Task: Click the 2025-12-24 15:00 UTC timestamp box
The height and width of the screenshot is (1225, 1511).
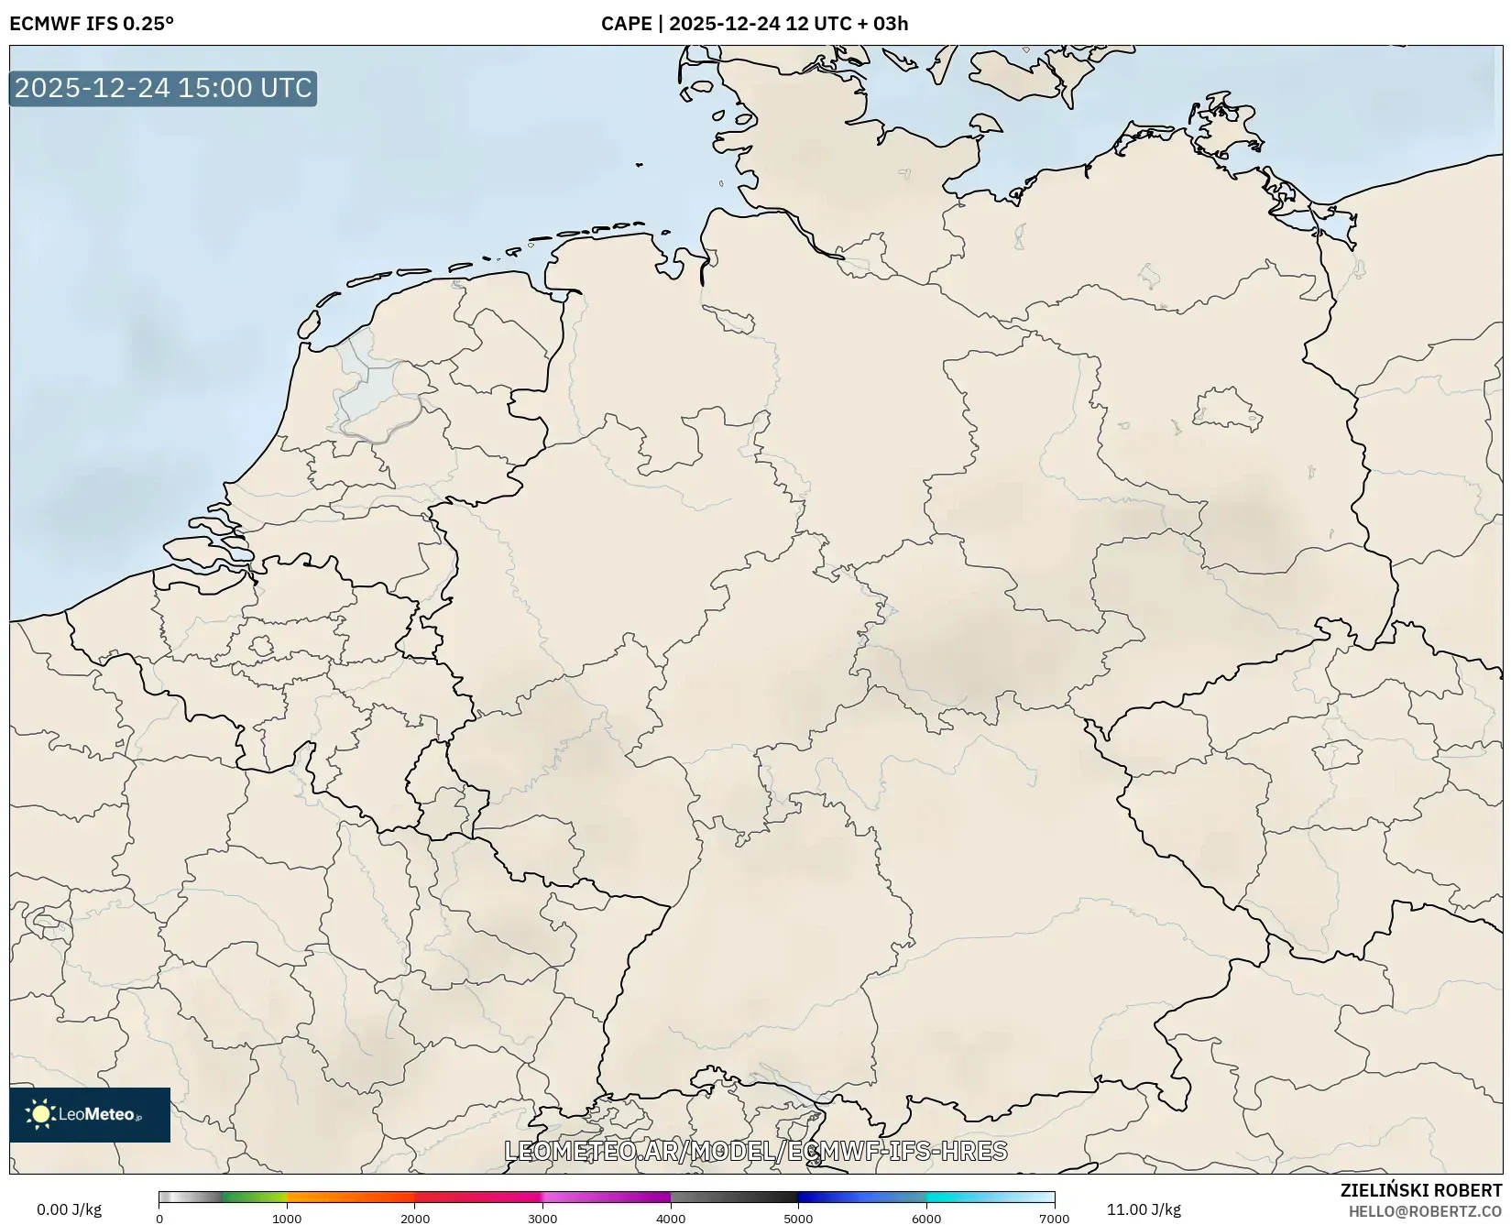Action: click(x=163, y=88)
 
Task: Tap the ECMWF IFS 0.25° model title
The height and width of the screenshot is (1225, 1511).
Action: click(x=92, y=24)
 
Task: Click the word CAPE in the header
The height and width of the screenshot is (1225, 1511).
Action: click(x=626, y=24)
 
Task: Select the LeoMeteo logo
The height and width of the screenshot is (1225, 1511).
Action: click(x=90, y=1114)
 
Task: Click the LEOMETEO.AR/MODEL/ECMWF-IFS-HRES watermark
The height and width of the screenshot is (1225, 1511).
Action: click(x=756, y=1151)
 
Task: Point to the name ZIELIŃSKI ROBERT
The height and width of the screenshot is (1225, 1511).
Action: click(x=1421, y=1190)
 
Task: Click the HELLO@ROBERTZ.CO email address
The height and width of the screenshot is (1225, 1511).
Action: click(x=1425, y=1210)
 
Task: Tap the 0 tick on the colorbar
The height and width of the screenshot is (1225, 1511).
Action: click(x=159, y=1219)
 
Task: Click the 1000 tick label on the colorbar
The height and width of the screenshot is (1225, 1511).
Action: click(x=287, y=1219)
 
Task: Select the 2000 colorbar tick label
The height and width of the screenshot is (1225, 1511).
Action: click(x=415, y=1219)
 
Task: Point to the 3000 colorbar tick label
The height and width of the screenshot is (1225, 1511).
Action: click(x=542, y=1219)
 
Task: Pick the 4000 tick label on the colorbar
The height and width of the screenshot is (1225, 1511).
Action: click(x=671, y=1219)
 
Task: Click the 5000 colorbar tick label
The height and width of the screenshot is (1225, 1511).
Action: click(x=798, y=1219)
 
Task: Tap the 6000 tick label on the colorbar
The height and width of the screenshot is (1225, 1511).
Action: click(x=926, y=1219)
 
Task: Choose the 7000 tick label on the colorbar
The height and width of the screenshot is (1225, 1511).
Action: click(x=1054, y=1219)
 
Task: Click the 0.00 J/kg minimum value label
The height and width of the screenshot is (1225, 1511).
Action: click(x=70, y=1209)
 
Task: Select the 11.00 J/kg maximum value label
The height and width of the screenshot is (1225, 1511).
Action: click(x=1144, y=1209)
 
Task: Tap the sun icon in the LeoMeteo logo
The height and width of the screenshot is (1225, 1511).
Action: click(x=40, y=1114)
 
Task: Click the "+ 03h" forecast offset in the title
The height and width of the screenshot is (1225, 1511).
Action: click(x=881, y=24)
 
